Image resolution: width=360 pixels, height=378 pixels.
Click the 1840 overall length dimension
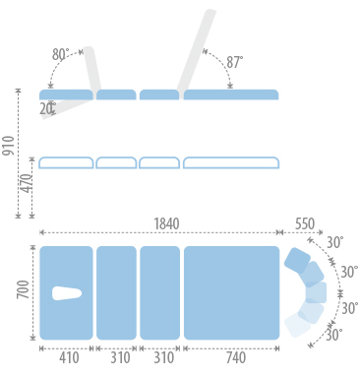pos(166,223)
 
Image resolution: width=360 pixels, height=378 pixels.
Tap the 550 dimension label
pos(305,223)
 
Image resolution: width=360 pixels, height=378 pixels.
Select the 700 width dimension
pos(24,289)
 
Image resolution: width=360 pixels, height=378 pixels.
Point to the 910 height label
pos(9,146)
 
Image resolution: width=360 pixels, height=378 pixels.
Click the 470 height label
pos(27,184)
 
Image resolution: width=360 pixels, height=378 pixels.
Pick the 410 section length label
pos(69,357)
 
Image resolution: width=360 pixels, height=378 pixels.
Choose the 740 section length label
pos(236,357)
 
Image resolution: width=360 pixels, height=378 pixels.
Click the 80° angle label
pos(61,54)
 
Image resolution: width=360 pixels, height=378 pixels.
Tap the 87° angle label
pos(235,62)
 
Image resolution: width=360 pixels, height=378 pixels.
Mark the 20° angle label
pos(48,109)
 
